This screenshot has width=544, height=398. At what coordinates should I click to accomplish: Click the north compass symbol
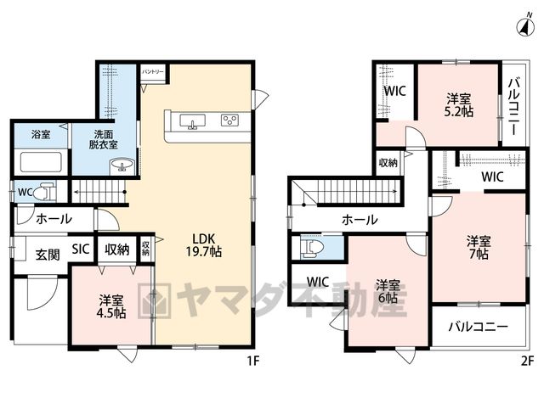click(525, 26)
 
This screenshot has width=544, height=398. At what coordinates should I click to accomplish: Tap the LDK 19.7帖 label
click(204, 245)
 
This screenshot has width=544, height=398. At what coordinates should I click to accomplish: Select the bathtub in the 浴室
click(41, 162)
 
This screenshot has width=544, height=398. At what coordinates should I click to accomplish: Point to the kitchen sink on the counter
click(192, 121)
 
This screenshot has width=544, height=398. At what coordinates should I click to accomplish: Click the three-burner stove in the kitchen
click(229, 121)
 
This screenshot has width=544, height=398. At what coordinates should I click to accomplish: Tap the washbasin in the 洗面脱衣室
click(122, 165)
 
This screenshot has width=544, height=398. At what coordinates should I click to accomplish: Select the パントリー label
click(153, 71)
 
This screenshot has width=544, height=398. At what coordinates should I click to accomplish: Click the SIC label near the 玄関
click(81, 249)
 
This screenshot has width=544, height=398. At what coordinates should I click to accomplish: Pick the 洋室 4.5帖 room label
click(112, 306)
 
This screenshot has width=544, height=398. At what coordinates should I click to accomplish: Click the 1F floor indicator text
click(253, 362)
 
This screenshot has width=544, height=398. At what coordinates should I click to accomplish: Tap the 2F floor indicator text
click(527, 362)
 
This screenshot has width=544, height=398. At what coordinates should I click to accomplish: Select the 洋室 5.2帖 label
click(459, 105)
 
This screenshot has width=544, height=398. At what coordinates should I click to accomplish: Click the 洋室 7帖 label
click(479, 247)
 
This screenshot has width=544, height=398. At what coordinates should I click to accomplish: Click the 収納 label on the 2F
click(388, 163)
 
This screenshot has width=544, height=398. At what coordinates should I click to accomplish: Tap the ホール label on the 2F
click(360, 220)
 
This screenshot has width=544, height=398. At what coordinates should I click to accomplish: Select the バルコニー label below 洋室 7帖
click(479, 327)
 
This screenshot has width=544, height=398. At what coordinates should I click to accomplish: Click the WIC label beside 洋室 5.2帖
click(394, 91)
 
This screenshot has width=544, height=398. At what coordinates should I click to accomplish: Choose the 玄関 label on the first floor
click(48, 255)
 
